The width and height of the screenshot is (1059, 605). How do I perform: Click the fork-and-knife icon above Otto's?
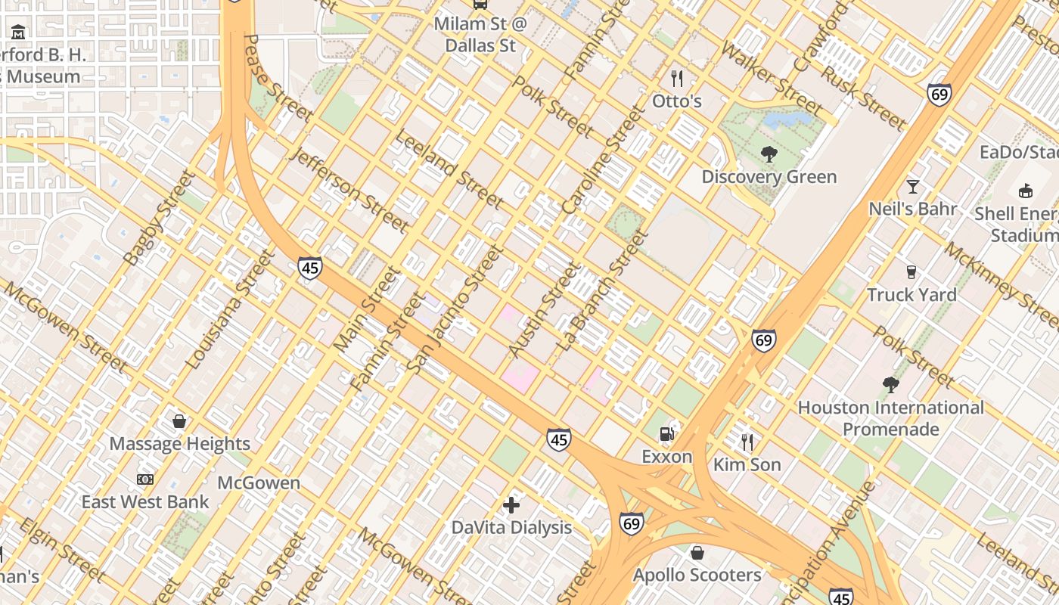[677, 78]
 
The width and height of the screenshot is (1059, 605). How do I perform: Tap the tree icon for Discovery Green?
[769, 154]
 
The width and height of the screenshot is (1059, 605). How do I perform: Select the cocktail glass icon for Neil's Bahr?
[913, 186]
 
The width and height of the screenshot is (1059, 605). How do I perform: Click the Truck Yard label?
[911, 294]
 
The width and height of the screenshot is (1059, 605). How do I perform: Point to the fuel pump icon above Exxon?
[666, 434]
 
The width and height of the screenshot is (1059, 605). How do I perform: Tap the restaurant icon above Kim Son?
[747, 442]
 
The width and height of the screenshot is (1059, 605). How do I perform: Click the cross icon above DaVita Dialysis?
[511, 504]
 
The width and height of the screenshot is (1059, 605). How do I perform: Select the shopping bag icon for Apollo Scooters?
[697, 553]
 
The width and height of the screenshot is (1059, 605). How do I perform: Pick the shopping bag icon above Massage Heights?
[179, 421]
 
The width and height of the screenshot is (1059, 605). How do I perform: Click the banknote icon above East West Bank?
[145, 479]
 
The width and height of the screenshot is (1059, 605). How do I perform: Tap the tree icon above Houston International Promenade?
[891, 385]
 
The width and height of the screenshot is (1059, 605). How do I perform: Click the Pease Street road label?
[278, 78]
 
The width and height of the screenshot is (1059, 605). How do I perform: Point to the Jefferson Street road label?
[349, 189]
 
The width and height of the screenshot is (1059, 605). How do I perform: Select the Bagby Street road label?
[160, 219]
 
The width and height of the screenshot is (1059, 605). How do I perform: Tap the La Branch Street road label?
[603, 290]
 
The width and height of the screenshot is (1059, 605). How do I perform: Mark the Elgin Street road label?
[62, 550]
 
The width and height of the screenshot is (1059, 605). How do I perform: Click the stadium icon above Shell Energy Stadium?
[1026, 191]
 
